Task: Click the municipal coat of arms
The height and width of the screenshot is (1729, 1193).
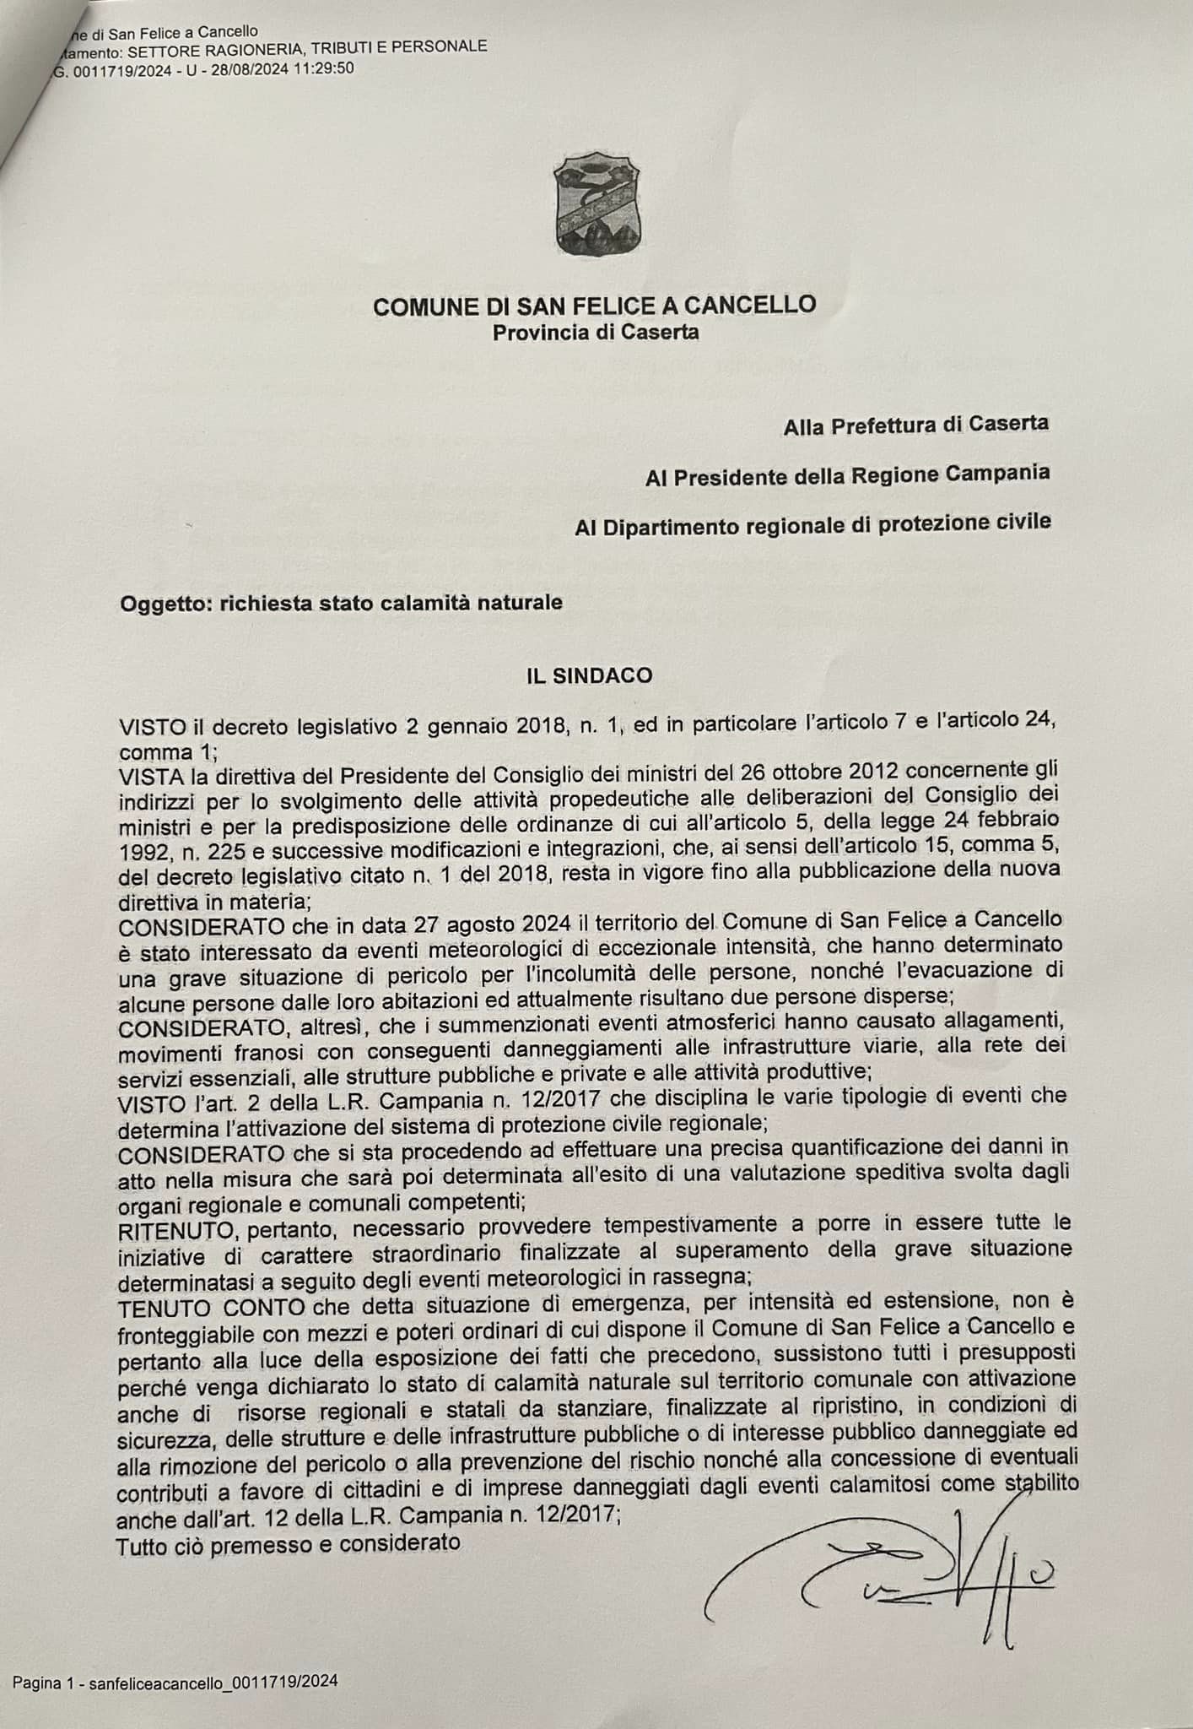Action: coord(596,202)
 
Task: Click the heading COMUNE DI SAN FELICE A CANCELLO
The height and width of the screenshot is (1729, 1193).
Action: coord(595,305)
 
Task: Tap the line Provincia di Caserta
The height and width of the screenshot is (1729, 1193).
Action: coord(596,332)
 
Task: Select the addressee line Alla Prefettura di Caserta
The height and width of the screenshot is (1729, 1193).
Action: coord(916,424)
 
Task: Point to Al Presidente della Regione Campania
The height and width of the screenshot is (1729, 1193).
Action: coord(847,475)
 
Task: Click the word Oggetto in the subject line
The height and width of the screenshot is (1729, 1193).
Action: coord(165,604)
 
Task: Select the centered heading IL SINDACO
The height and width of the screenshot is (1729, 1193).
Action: coord(589,675)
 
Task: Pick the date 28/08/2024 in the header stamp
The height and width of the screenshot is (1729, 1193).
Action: coord(240,69)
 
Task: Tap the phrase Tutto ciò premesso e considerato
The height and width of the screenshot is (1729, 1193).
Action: coord(289,1544)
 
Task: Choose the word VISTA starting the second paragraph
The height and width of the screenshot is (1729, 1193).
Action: coord(146,774)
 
